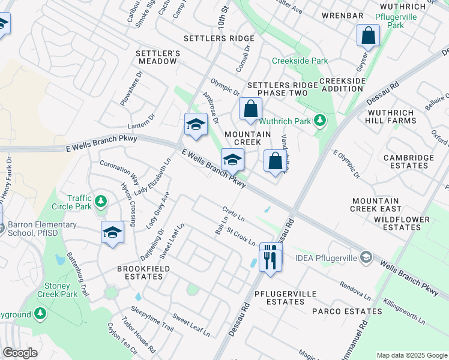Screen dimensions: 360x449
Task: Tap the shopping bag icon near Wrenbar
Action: pyautogui.click(x=368, y=35)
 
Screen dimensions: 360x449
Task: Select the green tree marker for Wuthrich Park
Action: pyautogui.click(x=320, y=121)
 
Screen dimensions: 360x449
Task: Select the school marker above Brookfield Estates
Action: pyautogui.click(x=112, y=232)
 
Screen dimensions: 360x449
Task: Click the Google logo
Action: pyautogui.click(x=20, y=353)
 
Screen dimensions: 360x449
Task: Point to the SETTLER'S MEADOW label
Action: pyautogui.click(x=159, y=57)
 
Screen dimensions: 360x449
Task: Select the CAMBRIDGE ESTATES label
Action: pyautogui.click(x=409, y=161)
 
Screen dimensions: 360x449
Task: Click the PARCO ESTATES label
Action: pyautogui.click(x=346, y=311)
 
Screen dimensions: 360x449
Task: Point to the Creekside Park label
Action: pyautogui.click(x=300, y=61)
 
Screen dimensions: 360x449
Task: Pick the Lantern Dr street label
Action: pyautogui.click(x=141, y=122)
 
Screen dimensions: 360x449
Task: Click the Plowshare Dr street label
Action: pyautogui.click(x=131, y=89)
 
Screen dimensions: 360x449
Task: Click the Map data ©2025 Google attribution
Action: pyautogui.click(x=412, y=355)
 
